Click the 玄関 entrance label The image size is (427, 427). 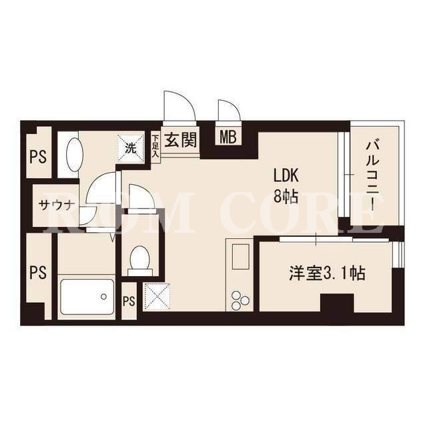[180, 140]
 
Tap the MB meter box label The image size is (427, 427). [228, 137]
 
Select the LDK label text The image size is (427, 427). [286, 175]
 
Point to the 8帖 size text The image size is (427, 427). [286, 196]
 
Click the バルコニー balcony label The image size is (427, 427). [373, 175]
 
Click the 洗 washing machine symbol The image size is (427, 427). [131, 149]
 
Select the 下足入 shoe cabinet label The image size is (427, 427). [155, 147]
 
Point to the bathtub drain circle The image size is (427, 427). [103, 296]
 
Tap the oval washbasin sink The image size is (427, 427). [74, 154]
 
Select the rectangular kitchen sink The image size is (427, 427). [240, 256]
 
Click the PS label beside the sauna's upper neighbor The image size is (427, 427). [38, 157]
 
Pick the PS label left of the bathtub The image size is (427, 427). [38, 273]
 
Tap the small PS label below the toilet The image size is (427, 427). [129, 301]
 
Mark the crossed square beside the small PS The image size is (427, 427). [156, 296]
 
